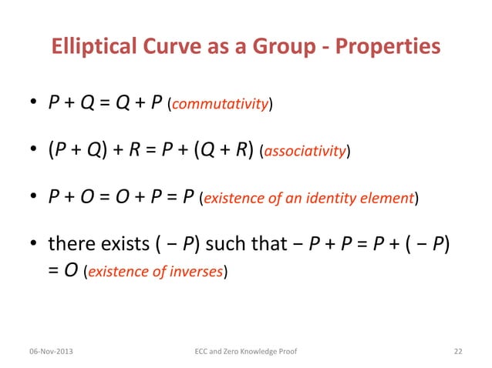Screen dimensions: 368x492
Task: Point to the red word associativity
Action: pyautogui.click(x=306, y=153)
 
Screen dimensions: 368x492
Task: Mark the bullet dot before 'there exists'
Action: pyautogui.click(x=35, y=246)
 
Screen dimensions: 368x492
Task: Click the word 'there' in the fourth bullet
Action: pyautogui.click(x=71, y=246)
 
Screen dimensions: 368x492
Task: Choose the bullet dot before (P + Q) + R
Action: pyautogui.click(x=35, y=152)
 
